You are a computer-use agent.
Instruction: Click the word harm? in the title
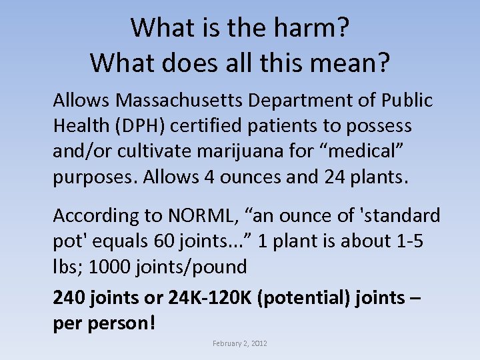point(313,28)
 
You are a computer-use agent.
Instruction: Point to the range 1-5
point(408,241)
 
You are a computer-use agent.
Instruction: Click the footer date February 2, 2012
point(240,343)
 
